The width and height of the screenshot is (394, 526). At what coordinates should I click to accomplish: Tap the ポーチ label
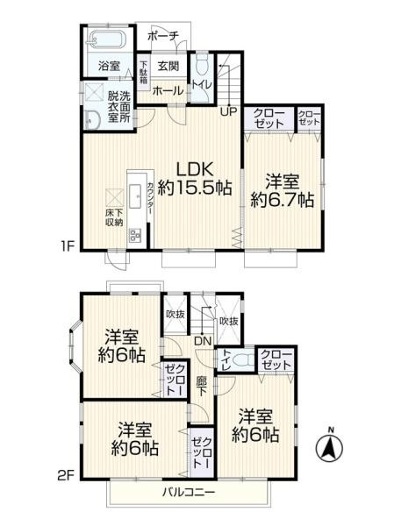pos(162,35)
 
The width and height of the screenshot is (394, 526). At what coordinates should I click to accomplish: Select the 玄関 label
pos(168,65)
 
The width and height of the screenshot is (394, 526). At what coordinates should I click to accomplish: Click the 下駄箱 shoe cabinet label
pos(143,70)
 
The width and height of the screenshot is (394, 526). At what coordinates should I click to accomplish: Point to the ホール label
pos(167,90)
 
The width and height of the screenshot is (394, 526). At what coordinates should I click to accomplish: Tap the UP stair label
pos(227,111)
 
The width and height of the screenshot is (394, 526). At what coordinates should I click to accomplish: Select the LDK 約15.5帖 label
pos(194,177)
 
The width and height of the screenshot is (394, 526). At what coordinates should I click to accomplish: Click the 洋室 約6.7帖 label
pos(282,190)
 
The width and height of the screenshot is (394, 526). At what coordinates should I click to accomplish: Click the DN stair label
pos(202,340)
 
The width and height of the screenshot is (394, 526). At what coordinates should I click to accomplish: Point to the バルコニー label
pos(188,492)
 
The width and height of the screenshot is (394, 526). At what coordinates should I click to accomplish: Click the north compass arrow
pos(330,449)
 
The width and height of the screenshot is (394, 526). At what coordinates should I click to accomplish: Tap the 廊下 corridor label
pos(202,386)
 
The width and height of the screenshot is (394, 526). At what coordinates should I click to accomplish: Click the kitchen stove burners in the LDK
pos(135,235)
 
